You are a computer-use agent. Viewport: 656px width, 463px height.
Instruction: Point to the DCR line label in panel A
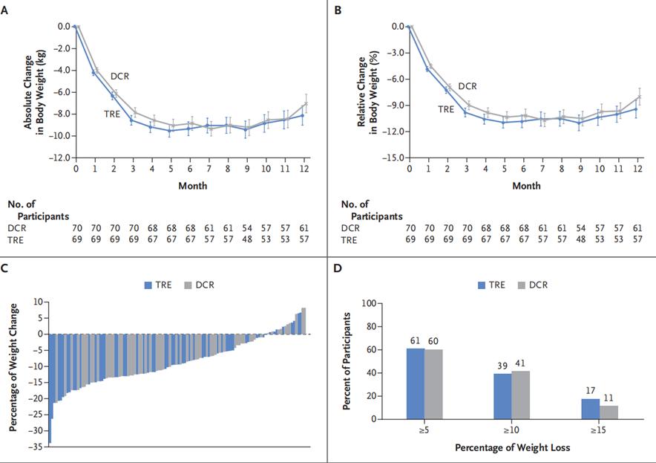point(121,76)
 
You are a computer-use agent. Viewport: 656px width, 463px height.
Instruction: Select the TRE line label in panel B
point(445,109)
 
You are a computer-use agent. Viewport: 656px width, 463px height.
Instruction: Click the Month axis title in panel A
point(192,186)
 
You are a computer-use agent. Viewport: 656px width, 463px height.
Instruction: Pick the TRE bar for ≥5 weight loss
point(416,383)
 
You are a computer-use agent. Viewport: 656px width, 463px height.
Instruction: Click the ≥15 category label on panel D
point(600,429)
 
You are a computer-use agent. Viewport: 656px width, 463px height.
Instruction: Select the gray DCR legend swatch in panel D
point(524,285)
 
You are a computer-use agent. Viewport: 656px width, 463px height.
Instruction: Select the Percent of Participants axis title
point(347,361)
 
